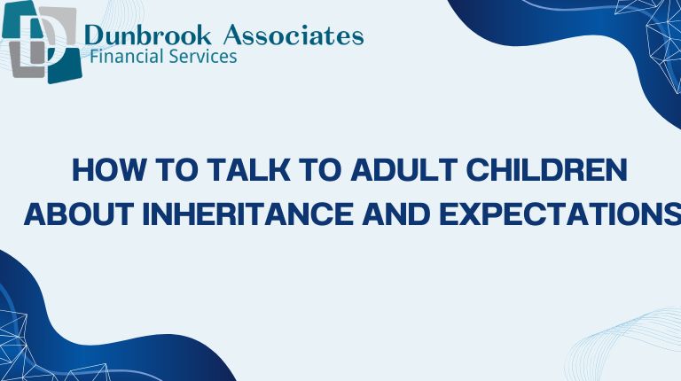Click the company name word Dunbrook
coord(146,35)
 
